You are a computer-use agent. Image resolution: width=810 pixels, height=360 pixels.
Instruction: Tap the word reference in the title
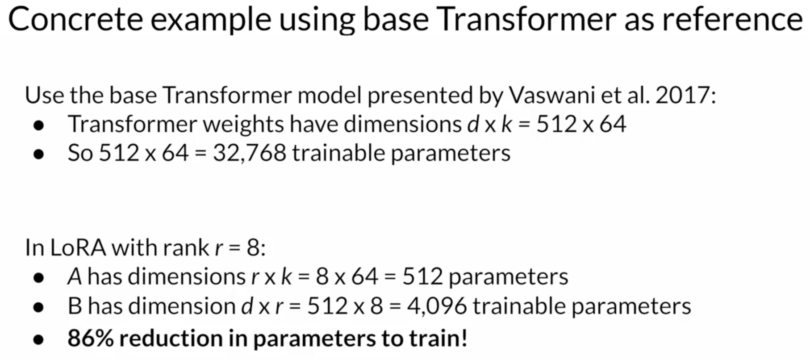coord(732,20)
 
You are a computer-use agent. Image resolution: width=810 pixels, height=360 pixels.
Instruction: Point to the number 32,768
coord(250,153)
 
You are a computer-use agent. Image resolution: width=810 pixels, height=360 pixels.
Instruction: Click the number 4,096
coord(437,306)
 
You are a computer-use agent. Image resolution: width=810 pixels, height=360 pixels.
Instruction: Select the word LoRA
coord(78,248)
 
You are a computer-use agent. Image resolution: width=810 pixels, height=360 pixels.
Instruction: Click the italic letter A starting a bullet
coord(75,277)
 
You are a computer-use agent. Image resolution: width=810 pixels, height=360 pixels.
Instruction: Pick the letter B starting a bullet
coord(75,306)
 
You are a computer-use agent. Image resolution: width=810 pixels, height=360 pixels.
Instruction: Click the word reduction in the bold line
coord(171,338)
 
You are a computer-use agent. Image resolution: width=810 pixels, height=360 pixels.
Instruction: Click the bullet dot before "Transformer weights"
coord(39,126)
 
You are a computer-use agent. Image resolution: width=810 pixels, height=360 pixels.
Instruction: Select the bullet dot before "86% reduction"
coord(39,339)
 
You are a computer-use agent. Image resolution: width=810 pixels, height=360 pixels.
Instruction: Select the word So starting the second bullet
coord(80,153)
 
